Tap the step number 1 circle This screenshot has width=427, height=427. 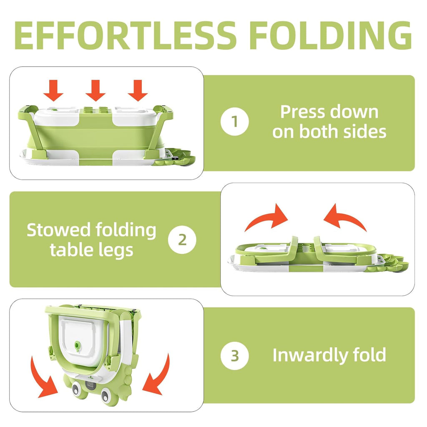[235, 122]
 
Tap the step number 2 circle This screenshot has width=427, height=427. [182, 240]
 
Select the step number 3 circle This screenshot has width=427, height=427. [235, 356]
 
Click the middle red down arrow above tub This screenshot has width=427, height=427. [96, 90]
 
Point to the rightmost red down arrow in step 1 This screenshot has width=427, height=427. [138, 90]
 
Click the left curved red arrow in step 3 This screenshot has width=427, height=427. [46, 377]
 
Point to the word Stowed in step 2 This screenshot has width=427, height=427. [58, 230]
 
